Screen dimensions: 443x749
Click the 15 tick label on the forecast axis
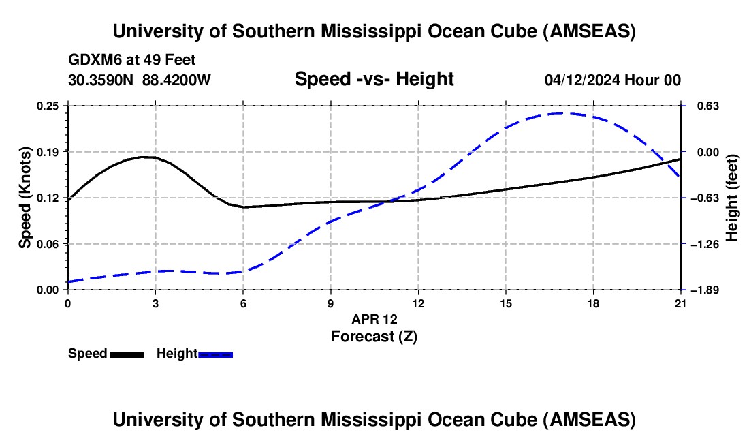506,303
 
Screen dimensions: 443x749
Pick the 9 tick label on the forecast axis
331,303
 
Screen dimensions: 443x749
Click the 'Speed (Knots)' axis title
25,198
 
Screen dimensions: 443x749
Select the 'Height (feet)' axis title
732,198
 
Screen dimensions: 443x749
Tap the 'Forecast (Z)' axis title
374,336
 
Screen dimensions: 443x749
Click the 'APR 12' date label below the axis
374,319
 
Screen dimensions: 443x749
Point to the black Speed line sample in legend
127,354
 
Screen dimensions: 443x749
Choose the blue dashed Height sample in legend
216,354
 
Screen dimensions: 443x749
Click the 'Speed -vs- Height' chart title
374,80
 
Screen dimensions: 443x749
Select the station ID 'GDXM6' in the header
91,61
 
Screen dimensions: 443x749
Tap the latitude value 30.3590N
101,80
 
